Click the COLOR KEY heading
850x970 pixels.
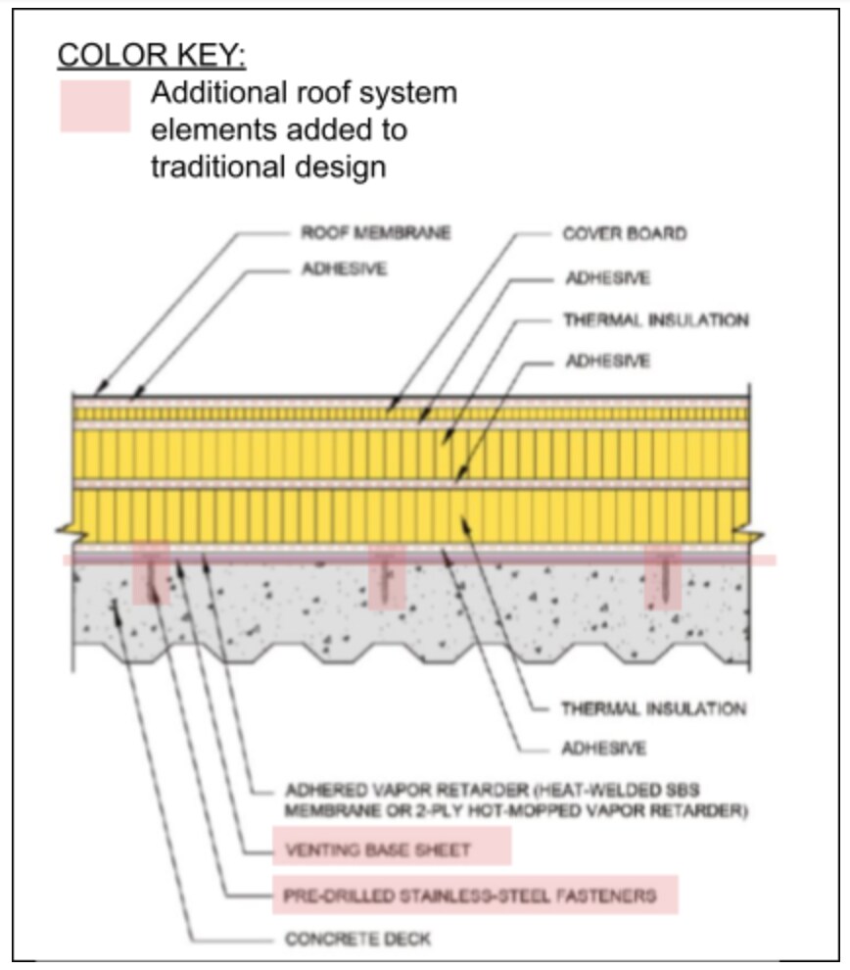152,55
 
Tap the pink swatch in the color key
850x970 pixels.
95,106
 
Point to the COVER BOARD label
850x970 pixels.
624,234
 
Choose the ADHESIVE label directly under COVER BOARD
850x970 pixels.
606,277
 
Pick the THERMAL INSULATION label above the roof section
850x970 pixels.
655,319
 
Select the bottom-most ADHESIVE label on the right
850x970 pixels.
604,749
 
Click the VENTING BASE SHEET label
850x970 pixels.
377,849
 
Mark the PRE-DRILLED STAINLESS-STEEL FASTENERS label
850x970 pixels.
469,895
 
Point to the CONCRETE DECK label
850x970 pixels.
357,939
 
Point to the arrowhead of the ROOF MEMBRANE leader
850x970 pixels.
98,394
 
